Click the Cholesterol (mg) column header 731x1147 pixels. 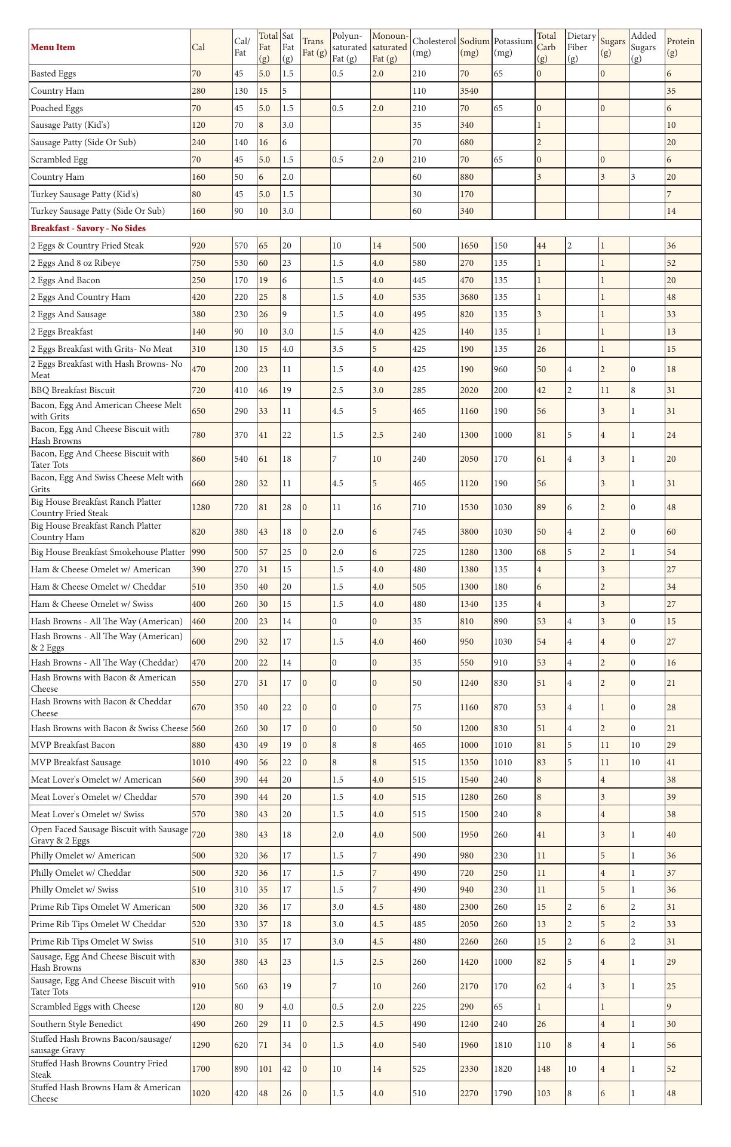434,47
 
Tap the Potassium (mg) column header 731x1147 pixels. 513,47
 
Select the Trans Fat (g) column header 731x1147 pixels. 315,47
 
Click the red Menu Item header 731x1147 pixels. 53,47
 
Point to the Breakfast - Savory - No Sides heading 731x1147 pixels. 88,228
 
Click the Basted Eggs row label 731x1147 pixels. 54,73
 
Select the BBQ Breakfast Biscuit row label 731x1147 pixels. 73,390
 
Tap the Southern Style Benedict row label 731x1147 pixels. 76,1024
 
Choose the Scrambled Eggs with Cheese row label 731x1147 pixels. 85,1007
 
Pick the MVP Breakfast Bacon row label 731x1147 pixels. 73,745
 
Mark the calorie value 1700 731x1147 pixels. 201,1069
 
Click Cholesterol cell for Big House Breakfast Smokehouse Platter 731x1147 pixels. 420,552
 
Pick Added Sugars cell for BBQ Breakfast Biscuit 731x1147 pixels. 634,390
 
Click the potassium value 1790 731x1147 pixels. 503,1093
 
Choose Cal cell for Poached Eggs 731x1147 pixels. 196,108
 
